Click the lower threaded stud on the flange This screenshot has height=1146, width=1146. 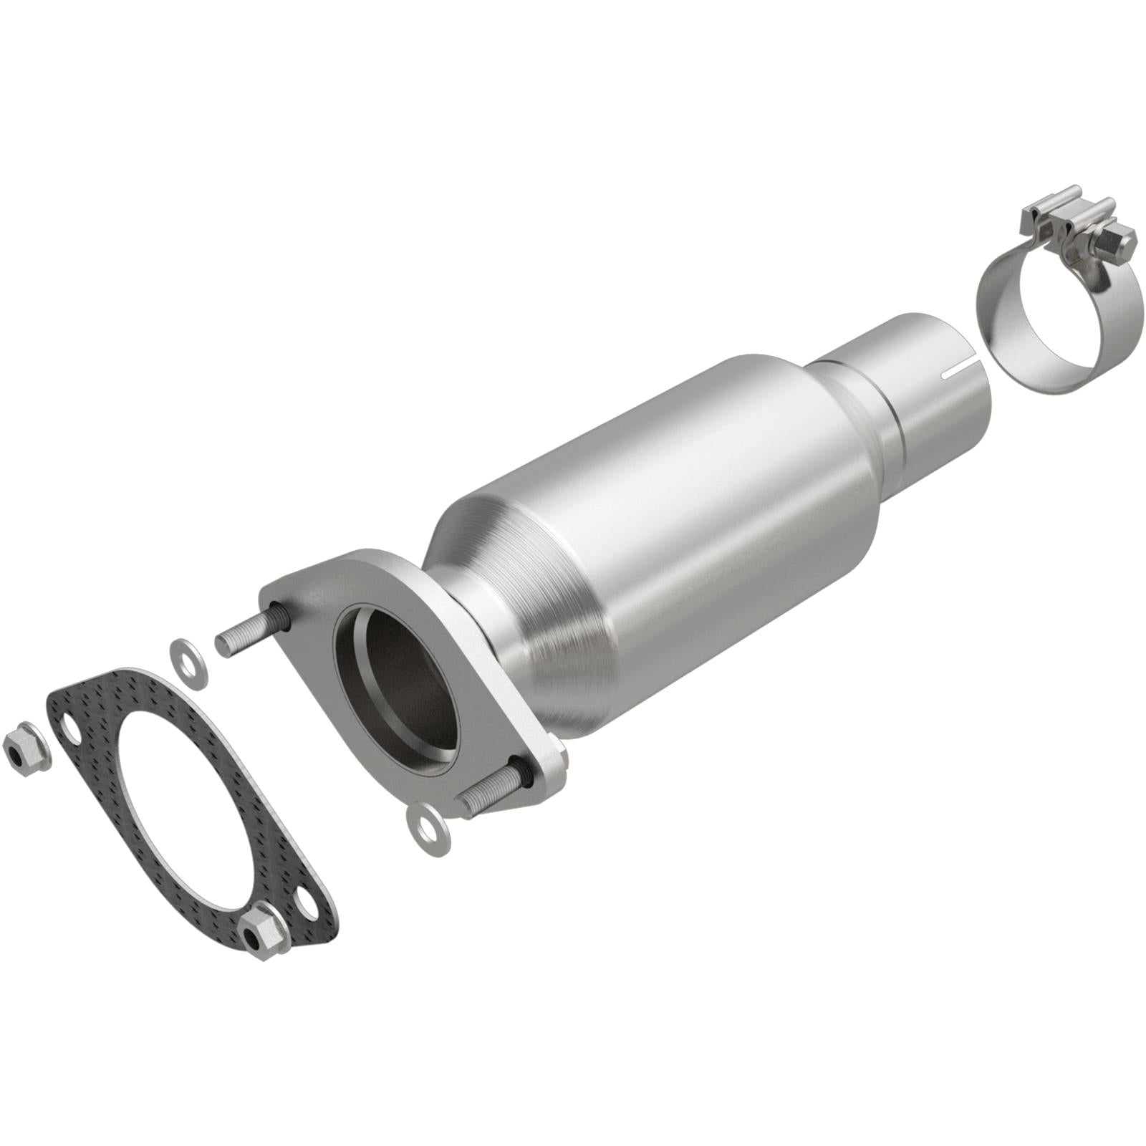click(491, 796)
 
